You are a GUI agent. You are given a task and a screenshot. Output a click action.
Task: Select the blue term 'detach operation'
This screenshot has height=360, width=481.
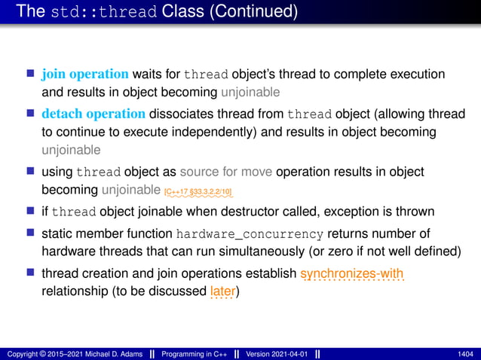coord(93,114)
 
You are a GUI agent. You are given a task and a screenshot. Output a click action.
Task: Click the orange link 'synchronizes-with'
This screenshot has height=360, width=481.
coord(352,273)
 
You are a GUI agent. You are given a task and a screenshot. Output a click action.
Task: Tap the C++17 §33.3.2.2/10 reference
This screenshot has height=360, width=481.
coord(198,192)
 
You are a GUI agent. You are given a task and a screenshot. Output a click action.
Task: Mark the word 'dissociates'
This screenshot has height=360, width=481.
coord(179,114)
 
